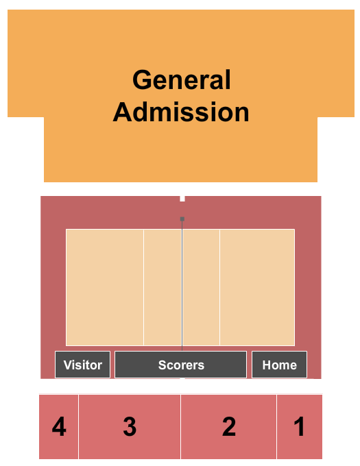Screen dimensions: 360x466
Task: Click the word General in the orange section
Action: (x=182, y=79)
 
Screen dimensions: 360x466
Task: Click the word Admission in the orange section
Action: (x=181, y=112)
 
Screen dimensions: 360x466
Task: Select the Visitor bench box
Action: (x=83, y=365)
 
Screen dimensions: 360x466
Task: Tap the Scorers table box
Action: (x=181, y=365)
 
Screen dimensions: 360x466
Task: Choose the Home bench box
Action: (x=280, y=365)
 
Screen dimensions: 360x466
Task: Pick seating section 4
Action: (x=58, y=427)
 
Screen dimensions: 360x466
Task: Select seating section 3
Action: (x=130, y=427)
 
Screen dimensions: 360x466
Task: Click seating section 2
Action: (x=228, y=427)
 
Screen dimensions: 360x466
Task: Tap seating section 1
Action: (x=300, y=427)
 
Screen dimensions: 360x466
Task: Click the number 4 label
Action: (x=59, y=427)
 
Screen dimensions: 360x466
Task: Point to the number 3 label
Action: (x=130, y=427)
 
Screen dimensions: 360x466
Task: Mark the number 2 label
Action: (x=229, y=427)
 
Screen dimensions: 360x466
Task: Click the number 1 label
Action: (x=300, y=427)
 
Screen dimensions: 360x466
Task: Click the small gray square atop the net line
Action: (x=182, y=219)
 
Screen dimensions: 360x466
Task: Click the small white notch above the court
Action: (x=182, y=199)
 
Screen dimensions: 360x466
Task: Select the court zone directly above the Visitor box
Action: (x=105, y=287)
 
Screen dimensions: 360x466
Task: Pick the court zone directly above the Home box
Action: (x=257, y=287)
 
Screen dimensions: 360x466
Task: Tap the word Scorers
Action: (x=181, y=365)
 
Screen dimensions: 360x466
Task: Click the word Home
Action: (x=280, y=365)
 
